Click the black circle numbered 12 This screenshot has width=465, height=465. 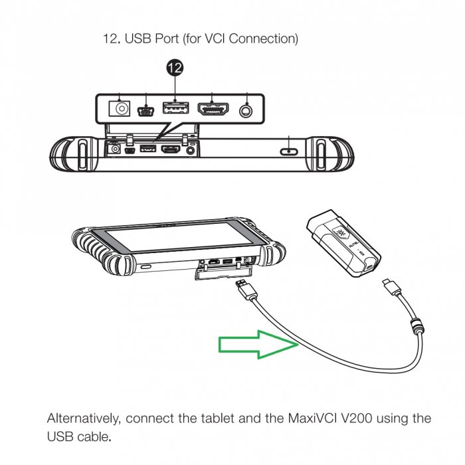coord(175,67)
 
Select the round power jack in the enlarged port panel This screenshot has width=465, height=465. coord(121,108)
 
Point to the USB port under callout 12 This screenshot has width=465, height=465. coord(175,108)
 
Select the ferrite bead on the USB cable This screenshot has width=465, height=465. coord(417,327)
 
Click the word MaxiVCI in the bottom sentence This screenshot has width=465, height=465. coord(308,419)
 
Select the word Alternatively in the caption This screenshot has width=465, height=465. coord(84,419)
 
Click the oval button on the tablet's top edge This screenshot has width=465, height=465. coord(291,149)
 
